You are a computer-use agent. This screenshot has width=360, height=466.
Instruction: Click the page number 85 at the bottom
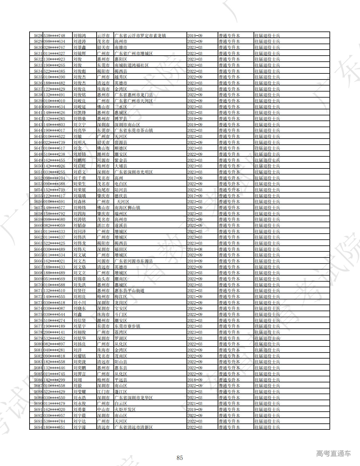pos(180,458)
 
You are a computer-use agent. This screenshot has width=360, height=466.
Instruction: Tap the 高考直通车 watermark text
pos(333,454)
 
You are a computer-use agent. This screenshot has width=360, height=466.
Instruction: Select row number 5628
pos(38,36)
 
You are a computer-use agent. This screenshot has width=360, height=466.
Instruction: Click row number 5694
pos(38,427)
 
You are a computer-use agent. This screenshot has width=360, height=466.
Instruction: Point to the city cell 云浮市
pos(103,36)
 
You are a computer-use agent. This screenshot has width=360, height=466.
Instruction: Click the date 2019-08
pos(195,249)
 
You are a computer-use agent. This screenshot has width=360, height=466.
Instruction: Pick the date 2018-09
pos(195,380)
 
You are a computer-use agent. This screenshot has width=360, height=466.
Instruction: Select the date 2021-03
pos(195,403)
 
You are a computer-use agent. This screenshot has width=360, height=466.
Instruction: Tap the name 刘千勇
pos(79,178)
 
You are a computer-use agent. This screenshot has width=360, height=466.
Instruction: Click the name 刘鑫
pos(78,314)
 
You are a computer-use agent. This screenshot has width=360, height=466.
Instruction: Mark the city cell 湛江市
pos(103,225)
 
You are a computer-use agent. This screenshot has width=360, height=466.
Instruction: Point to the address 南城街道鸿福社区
pos(132,65)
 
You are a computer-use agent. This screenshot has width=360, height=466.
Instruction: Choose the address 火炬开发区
pos(125,409)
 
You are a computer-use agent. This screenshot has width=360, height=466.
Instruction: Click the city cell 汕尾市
pos(103,190)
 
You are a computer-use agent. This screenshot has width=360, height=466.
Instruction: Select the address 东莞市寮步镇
pos(127,326)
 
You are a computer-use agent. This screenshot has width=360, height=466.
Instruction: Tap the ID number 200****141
pos(54,332)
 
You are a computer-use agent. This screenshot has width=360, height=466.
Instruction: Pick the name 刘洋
pos(78,350)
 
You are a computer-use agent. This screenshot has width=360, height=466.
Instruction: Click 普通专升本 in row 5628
pos(229,36)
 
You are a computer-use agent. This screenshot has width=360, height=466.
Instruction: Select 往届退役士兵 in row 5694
pos(267,427)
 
